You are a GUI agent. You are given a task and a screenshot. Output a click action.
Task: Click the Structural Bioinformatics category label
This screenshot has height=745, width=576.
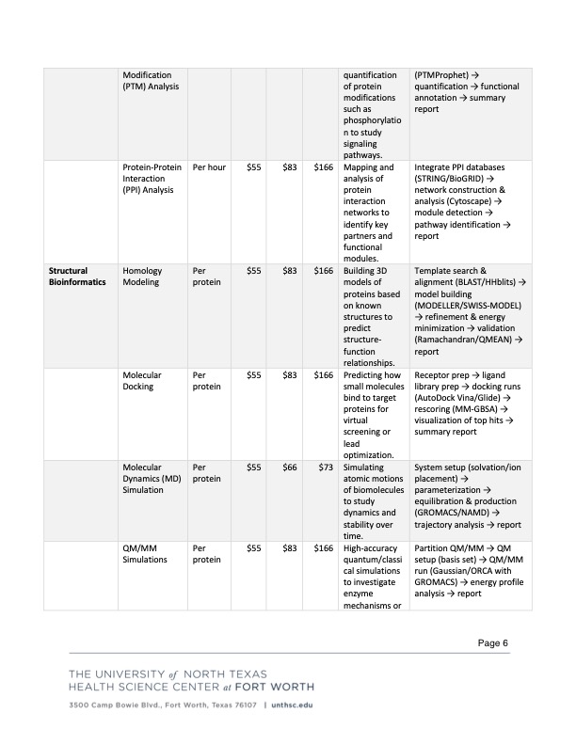coord(77,276)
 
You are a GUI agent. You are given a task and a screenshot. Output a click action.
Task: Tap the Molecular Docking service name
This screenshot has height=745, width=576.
coord(142,379)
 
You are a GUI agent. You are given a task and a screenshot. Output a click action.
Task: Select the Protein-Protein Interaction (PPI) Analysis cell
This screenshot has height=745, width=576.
coord(151,178)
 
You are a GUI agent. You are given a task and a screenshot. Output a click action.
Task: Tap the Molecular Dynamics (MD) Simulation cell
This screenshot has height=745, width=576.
coord(151,479)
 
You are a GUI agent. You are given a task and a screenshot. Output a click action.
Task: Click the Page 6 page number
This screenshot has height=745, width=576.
coord(492,642)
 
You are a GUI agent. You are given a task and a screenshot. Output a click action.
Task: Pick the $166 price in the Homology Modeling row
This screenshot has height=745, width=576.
coord(323,271)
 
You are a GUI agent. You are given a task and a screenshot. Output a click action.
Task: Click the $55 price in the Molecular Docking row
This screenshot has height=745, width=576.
coord(253,374)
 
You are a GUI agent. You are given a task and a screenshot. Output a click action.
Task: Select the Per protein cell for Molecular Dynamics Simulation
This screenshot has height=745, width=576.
coord(206,473)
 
